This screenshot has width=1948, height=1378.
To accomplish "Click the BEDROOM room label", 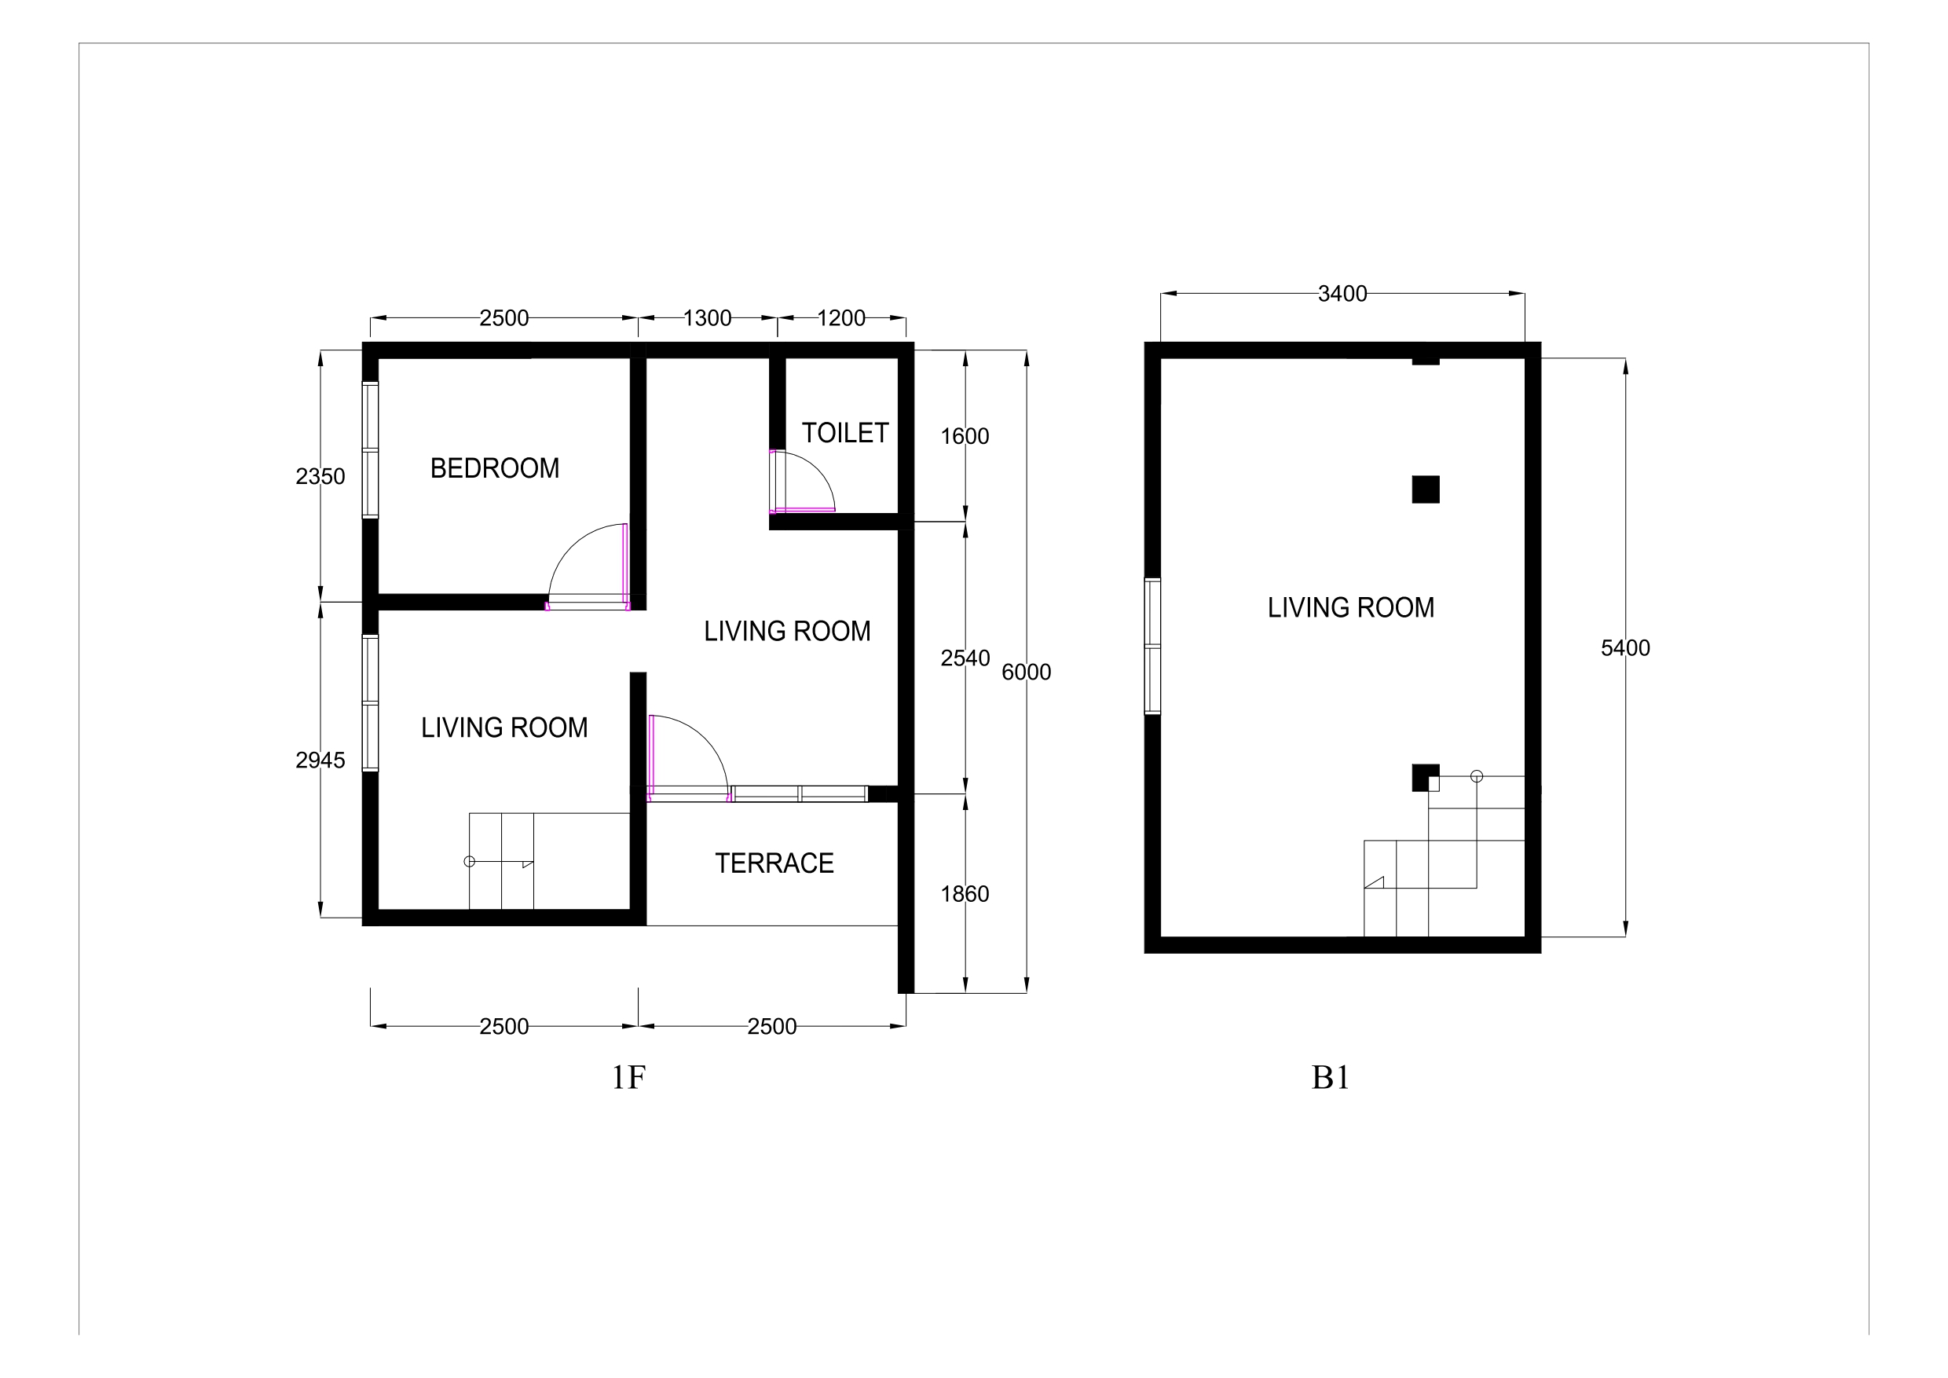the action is click(495, 468).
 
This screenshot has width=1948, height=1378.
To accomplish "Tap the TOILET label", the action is click(845, 433).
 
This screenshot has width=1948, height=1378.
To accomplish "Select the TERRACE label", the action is click(774, 863).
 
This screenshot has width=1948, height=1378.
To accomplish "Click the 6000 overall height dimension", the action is click(1027, 672).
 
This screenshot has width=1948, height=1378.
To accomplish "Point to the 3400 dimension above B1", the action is click(1342, 294).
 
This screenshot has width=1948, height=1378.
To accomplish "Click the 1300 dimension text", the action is click(708, 318).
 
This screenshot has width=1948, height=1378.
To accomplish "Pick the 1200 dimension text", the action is click(841, 318).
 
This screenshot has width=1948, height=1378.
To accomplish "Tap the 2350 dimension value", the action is click(320, 477).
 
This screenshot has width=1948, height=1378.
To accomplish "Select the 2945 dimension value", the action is click(320, 760).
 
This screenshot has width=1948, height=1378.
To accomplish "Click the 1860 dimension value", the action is click(965, 893).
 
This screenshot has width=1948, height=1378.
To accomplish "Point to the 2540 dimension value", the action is click(965, 658).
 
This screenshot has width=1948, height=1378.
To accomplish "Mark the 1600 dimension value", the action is click(965, 436).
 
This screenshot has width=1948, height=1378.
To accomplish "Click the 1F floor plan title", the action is click(628, 1078).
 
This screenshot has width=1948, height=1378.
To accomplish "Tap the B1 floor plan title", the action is click(1331, 1078).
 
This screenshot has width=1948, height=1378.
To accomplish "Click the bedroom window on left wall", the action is click(370, 449).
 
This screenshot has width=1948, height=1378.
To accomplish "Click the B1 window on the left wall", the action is click(1152, 647).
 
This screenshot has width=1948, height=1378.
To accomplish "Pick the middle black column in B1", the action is click(1426, 489).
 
